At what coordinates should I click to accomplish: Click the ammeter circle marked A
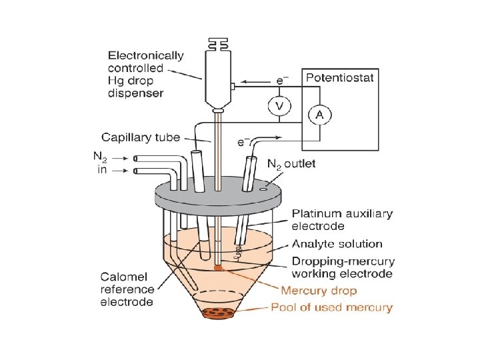click(319, 115)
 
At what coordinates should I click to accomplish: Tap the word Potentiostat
click(339, 77)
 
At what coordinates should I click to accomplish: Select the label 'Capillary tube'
click(141, 137)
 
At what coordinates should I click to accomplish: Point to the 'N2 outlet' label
click(291, 163)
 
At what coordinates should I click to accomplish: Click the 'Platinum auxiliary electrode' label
click(342, 220)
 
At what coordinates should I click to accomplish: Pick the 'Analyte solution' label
click(337, 244)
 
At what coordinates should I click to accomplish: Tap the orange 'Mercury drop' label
click(319, 291)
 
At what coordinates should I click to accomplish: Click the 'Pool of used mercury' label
click(331, 307)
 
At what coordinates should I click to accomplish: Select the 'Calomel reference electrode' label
click(127, 289)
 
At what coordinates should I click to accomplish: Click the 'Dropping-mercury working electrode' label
click(343, 267)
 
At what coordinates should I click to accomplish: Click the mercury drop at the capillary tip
click(217, 268)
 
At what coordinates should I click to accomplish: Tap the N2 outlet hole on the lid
click(263, 189)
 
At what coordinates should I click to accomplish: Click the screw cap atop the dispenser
click(216, 43)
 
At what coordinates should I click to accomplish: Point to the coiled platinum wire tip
click(238, 251)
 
